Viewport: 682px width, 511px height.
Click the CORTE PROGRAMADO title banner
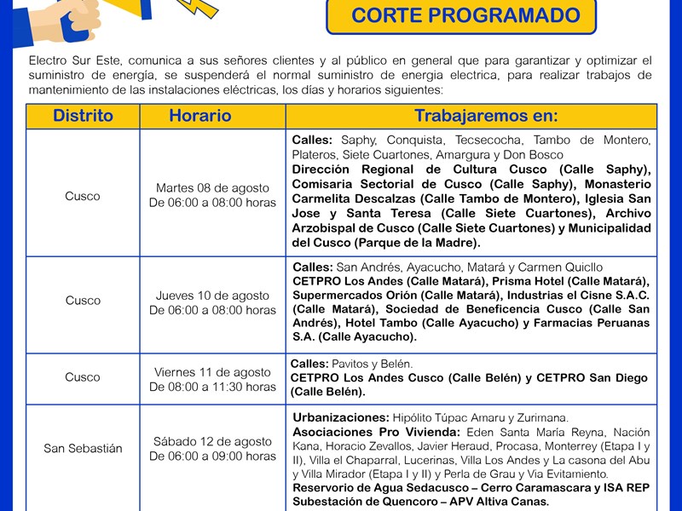(x=465, y=15)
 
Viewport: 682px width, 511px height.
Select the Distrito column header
(x=83, y=116)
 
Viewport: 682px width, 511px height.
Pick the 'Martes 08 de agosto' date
(x=212, y=187)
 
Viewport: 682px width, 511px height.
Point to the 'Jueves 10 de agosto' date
(x=212, y=296)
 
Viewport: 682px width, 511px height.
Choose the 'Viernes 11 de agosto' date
(x=212, y=372)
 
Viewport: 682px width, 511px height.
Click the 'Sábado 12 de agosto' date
(x=212, y=441)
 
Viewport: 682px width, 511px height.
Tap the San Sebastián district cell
(x=83, y=448)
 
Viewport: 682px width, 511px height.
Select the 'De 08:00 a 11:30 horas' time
(x=212, y=387)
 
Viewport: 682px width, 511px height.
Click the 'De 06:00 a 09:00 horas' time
(x=212, y=456)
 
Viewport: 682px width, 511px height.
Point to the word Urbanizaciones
(x=340, y=417)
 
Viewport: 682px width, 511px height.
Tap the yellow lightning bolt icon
(x=197, y=8)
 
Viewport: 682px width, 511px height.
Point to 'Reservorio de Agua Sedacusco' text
(x=380, y=487)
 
